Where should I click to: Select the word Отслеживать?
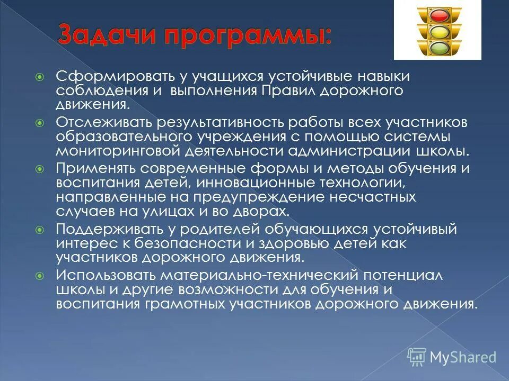[104, 123]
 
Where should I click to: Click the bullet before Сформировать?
[39, 77]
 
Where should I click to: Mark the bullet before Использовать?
[39, 276]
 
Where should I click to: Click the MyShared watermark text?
[462, 358]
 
